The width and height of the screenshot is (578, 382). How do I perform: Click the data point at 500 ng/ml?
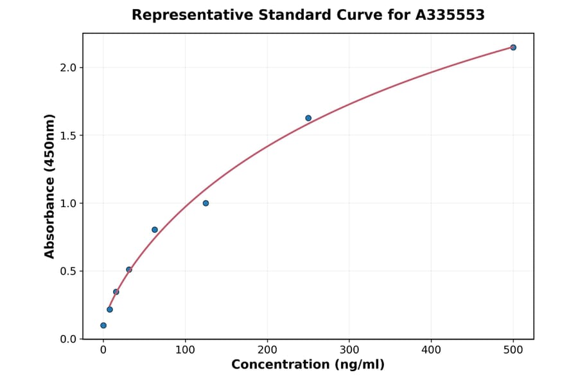point(513,48)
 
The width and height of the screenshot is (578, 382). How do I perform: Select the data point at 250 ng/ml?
point(308,118)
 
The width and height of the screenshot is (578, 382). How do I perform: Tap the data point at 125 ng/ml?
point(206,203)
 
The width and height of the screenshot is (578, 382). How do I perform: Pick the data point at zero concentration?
point(103,325)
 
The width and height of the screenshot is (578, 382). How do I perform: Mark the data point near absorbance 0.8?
point(155,230)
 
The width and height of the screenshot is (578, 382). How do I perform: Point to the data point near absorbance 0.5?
point(129,269)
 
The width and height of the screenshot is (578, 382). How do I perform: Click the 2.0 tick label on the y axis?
point(67,68)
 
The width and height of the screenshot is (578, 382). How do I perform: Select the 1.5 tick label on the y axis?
point(67,136)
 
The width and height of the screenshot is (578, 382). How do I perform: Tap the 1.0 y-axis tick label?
point(67,204)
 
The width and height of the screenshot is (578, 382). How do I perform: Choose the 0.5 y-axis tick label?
point(67,271)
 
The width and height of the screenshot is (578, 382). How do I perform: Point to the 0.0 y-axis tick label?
point(67,340)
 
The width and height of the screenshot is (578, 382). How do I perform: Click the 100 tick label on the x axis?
point(185,350)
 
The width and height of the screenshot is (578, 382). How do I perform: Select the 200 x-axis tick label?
point(267,350)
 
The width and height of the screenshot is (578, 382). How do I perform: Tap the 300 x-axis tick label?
point(349,350)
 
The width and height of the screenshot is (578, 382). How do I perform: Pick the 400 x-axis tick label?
point(431,350)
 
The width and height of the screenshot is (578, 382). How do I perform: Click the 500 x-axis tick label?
point(513,350)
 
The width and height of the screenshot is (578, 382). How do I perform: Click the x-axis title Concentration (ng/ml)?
point(308,365)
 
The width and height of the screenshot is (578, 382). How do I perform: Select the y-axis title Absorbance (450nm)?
point(50,186)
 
